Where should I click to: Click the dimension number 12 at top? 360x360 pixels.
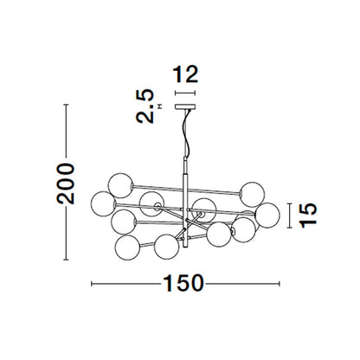pos(185,74)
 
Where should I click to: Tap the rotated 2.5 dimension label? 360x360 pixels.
pos(145,106)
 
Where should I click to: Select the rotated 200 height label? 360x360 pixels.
pos(66,183)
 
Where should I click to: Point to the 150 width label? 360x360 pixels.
pos(183,283)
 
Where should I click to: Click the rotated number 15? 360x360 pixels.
pos(308,215)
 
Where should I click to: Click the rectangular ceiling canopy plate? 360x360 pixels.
pos(185,106)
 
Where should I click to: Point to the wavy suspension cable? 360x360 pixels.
pos(188,133)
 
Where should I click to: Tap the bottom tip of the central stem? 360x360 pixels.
pos(185,247)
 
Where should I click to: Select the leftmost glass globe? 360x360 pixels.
pos(103,204)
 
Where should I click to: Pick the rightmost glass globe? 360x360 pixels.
pos(267,215)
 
